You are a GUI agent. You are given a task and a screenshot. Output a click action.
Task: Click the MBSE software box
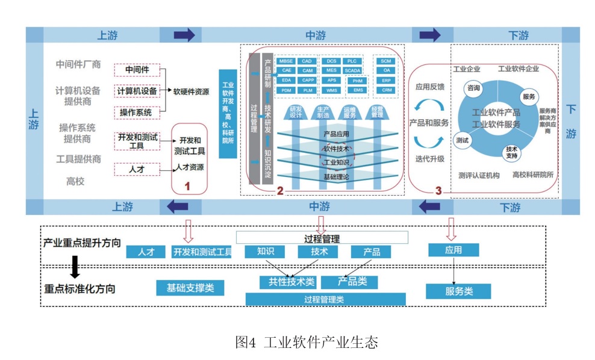coord(285,61)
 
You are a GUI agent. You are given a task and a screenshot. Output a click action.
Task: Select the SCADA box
coord(352,70)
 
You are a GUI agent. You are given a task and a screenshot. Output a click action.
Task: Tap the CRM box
coord(386,90)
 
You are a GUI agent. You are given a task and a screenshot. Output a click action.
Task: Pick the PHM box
coord(357,80)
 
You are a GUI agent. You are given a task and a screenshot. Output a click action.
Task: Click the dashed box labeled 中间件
coord(137,70)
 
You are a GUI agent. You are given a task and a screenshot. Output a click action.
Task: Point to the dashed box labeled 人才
coord(137,169)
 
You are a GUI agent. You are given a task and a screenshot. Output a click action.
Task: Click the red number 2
coord(279,191)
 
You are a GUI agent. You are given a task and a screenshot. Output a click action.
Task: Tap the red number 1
coord(187,187)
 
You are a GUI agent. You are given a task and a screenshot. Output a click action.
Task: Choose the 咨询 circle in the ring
coord(473,88)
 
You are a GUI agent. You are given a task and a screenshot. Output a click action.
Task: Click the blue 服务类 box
coord(458,291)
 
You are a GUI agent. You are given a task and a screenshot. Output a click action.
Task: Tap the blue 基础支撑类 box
coord(190,288)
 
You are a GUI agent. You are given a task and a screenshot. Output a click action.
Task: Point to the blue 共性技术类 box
coord(287,282)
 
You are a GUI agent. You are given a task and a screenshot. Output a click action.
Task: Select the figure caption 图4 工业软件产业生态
coord(306,343)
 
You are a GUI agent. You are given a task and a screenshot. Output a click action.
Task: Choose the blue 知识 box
coord(265,252)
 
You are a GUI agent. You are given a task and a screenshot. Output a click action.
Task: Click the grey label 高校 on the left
coord(76,181)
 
